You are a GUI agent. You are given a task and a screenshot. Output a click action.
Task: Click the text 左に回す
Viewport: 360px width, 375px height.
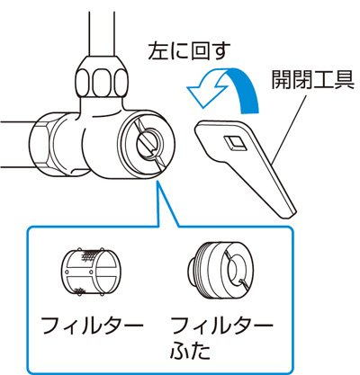coord(189,51)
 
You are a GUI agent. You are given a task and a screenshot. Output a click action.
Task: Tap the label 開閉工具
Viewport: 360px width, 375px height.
coord(313,79)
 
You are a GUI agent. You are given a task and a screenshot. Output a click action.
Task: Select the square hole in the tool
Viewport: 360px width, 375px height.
coord(235,141)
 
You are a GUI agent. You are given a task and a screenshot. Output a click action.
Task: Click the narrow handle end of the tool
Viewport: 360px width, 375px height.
coord(285,210)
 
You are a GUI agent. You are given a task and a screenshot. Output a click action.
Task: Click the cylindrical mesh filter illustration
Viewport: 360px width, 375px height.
coord(89,272)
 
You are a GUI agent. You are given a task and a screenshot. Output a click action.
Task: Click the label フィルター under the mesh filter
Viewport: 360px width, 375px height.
coord(93,325)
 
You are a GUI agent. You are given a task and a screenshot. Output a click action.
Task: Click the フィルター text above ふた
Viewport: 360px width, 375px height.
coord(221,325)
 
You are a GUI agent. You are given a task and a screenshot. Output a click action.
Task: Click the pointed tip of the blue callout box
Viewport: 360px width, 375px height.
coord(158,183)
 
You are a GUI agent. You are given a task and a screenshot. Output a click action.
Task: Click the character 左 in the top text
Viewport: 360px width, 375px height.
coord(158,51)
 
